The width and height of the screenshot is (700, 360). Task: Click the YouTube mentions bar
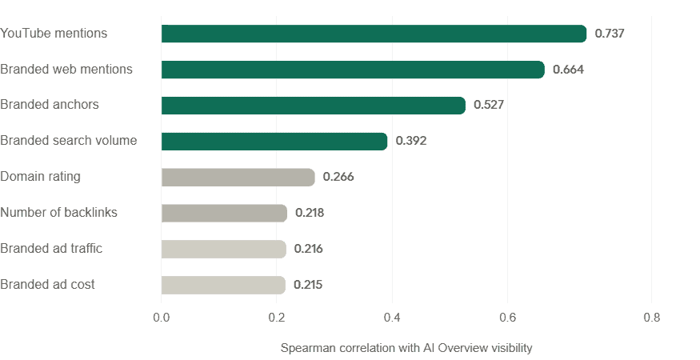[x=374, y=34]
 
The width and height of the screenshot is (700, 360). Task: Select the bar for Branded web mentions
[x=352, y=70]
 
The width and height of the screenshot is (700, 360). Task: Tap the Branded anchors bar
[x=313, y=106]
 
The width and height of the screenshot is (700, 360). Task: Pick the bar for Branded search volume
[x=274, y=142]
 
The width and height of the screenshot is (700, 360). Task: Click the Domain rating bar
[x=238, y=177]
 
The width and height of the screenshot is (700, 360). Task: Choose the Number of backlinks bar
[x=223, y=213]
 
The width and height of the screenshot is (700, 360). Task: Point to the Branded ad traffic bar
[x=223, y=249]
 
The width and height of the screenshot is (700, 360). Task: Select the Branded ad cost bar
[x=223, y=285]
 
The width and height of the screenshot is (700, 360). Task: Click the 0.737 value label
[x=610, y=34]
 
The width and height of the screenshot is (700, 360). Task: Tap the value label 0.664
[x=569, y=70]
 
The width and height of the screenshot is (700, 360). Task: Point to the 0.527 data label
[x=489, y=105]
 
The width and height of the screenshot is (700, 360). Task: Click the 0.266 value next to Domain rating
[x=338, y=177]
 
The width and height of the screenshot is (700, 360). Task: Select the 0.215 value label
[x=308, y=285]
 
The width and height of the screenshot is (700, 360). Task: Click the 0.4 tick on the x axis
[x=392, y=318]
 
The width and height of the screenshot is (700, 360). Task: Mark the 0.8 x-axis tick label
[x=651, y=318]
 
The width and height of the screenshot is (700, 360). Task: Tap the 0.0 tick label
[x=161, y=318]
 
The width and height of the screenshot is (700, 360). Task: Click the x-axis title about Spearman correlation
[x=406, y=348]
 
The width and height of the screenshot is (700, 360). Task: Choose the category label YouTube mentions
[x=54, y=34]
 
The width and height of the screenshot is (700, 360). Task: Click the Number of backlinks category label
[x=59, y=213]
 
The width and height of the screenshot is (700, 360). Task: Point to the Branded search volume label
[x=69, y=141]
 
